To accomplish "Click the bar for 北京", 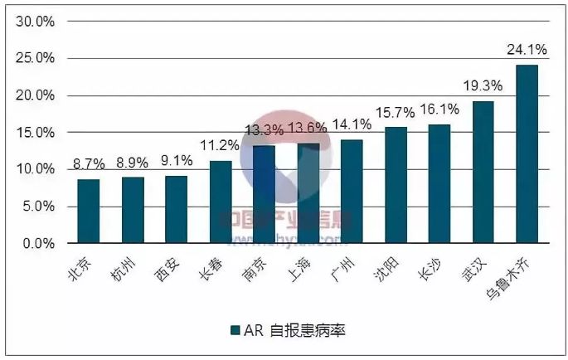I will click(89, 212).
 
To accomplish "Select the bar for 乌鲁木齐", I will click(527, 154).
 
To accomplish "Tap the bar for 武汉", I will click(483, 173).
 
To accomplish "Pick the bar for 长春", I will click(221, 202).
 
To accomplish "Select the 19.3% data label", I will click(483, 85).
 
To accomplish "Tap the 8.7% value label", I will click(89, 164).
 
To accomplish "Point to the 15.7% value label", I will click(396, 112).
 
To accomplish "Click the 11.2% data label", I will click(221, 145).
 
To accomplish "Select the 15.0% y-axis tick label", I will click(36, 133).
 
